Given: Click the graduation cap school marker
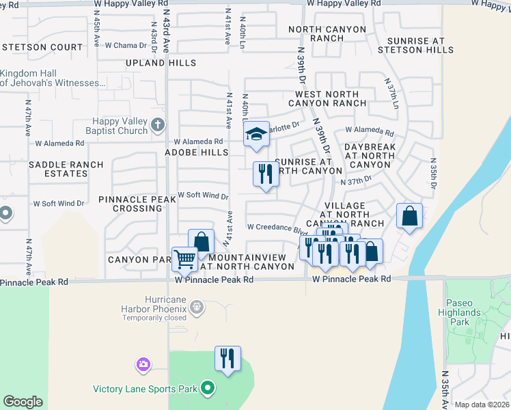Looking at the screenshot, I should pos(256,134).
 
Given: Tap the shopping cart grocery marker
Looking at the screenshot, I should pos(184,259).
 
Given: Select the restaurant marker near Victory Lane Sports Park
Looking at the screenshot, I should pos(227,358).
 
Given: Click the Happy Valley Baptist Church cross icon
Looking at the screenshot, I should pos(158,125).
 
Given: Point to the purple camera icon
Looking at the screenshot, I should pos(143,365).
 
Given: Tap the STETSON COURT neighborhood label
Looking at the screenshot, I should pos(42,48).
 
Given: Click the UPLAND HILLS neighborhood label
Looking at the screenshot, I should pos(161,63).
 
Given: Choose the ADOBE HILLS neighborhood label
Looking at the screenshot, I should pos(195,152).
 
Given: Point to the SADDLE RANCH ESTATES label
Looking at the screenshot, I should pos(66,169).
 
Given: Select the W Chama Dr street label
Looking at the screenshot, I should pos(126,45).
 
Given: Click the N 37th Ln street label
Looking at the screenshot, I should pos(393,92).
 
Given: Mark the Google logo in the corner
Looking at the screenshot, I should pos(23,402).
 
